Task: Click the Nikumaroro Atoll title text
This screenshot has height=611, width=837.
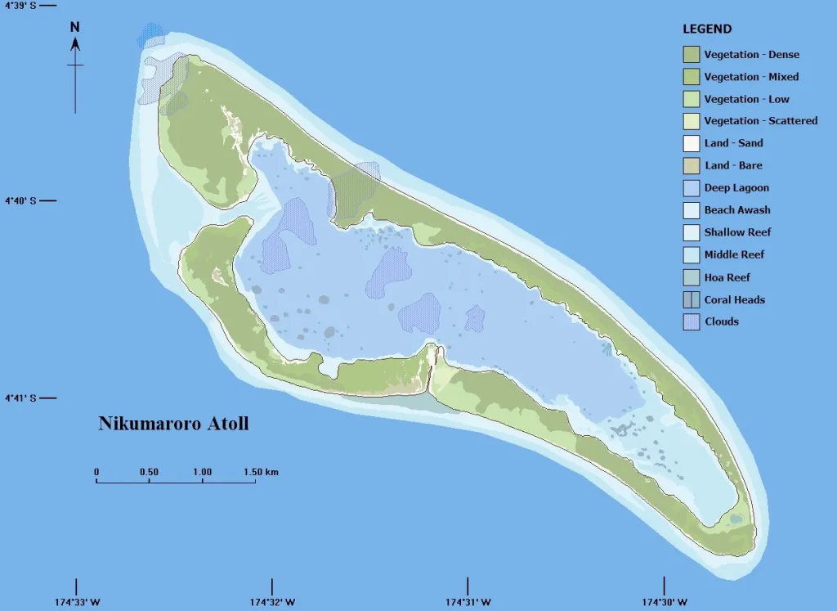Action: coord(173,424)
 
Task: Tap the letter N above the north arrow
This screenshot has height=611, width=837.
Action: coord(75,26)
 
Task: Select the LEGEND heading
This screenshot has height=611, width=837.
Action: coord(707,29)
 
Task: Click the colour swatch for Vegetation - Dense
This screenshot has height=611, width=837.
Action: coord(692,55)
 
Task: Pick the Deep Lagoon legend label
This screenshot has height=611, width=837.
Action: coord(736,188)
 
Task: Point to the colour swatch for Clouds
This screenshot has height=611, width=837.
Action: coord(692,321)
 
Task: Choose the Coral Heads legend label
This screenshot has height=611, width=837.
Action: coord(735,299)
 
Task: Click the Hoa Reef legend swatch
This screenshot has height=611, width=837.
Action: coord(692,277)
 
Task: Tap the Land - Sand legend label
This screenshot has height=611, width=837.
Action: coord(734,143)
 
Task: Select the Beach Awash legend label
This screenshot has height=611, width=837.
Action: coord(737,210)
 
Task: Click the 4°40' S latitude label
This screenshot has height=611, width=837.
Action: coord(21,200)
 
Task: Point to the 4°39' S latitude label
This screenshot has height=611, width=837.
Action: coord(21,5)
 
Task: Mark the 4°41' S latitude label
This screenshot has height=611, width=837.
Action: coord(21,398)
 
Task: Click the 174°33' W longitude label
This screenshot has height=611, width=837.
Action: coord(78,603)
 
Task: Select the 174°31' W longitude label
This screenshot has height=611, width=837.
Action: coord(468,603)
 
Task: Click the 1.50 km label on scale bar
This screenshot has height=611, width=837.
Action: coord(261,472)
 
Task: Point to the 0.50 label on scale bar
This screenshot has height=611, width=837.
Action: coord(149,472)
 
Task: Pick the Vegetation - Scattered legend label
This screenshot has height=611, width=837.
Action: coord(761,121)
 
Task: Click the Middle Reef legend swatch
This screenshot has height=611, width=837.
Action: coord(692,254)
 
